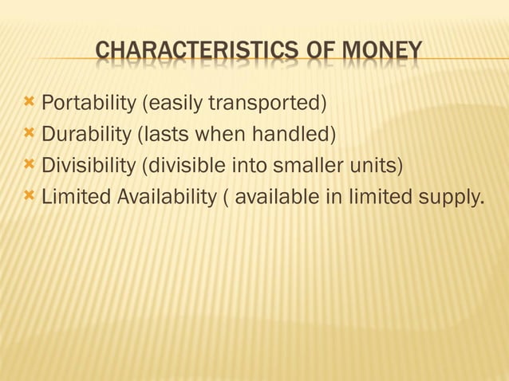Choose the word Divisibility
tap(87, 165)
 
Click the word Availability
tap(166, 196)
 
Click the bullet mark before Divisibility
tap(30, 164)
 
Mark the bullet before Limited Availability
tap(30, 195)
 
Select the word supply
tap(455, 198)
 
